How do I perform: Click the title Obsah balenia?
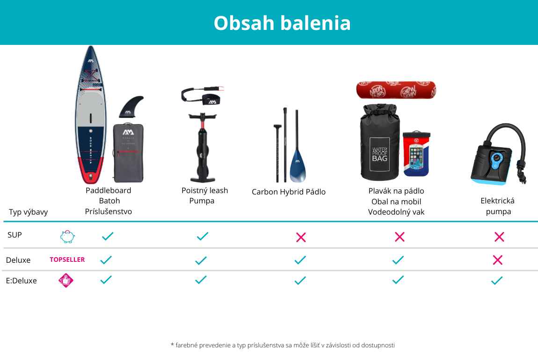[x=282, y=23]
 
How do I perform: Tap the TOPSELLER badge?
[x=67, y=259]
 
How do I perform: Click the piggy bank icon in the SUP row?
[x=67, y=237]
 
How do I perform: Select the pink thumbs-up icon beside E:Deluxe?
[x=66, y=281]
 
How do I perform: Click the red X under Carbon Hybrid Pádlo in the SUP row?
[x=301, y=237]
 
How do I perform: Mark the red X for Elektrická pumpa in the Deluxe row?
[x=497, y=260]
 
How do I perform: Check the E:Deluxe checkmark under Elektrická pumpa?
[x=497, y=281]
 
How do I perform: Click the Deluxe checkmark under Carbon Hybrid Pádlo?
[x=300, y=260]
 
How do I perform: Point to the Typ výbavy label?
[x=28, y=212]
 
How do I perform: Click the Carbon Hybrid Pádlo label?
[x=289, y=192]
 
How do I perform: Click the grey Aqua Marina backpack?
[x=128, y=153]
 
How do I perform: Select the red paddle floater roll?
[x=396, y=90]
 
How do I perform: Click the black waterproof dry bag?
[x=380, y=142]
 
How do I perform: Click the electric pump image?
[x=498, y=154]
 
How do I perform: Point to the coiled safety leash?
[x=203, y=96]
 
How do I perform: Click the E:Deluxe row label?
[x=21, y=281]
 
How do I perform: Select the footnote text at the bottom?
[x=283, y=345]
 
